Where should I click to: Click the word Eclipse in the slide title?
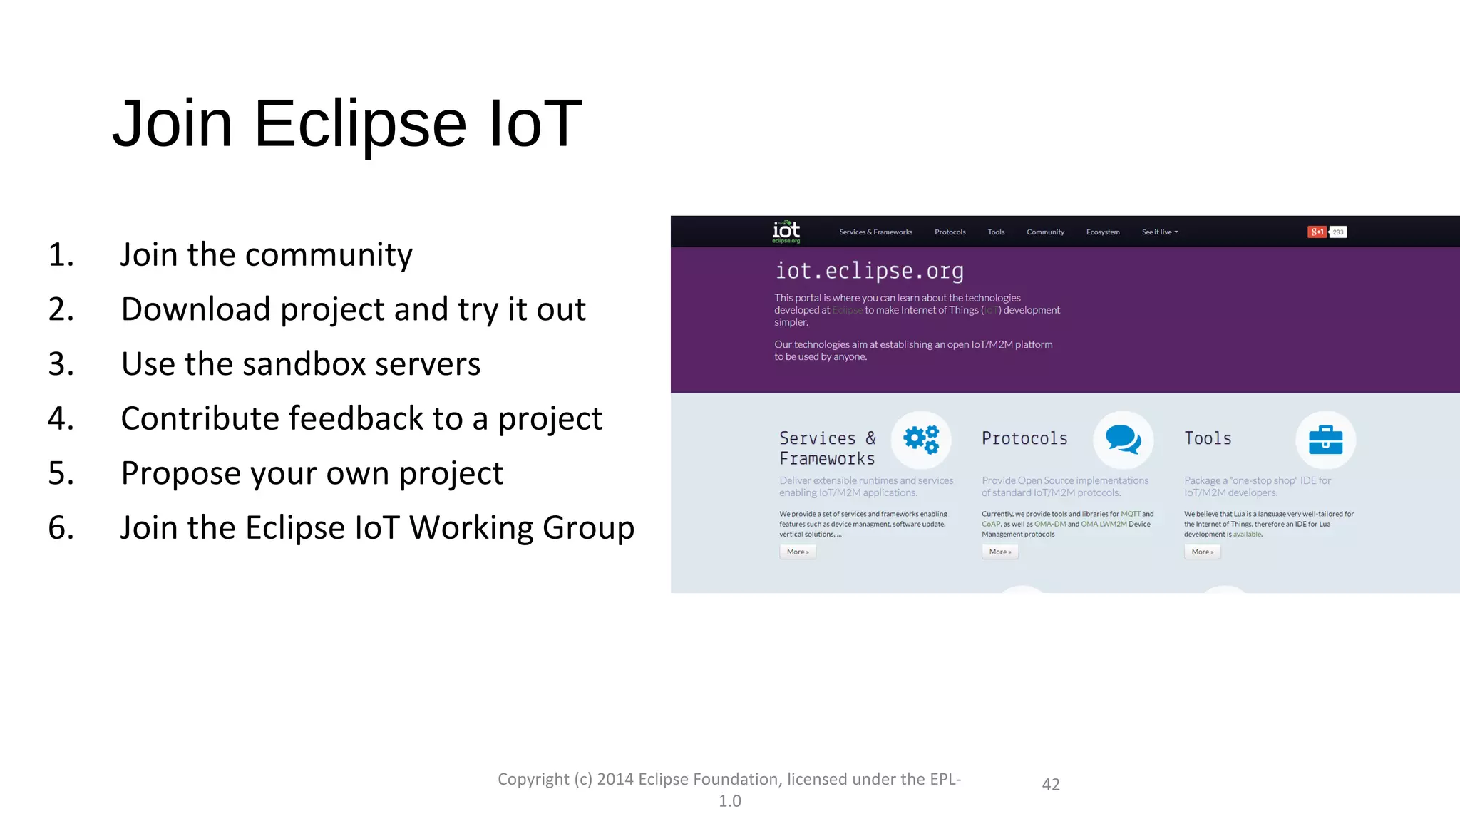[360, 125]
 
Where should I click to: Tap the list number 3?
[61, 364]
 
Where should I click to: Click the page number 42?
[1050, 785]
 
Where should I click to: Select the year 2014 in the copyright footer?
[615, 779]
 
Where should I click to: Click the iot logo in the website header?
[786, 232]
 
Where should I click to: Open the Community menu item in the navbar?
[1045, 232]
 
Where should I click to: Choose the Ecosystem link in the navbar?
[1103, 232]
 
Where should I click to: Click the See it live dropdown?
[1159, 232]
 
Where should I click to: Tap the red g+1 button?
[1316, 232]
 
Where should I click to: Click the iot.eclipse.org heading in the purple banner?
[869, 271]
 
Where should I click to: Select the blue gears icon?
[921, 439]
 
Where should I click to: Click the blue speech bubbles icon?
[1123, 439]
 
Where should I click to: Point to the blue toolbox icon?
[1325, 440]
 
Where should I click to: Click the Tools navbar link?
[996, 232]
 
